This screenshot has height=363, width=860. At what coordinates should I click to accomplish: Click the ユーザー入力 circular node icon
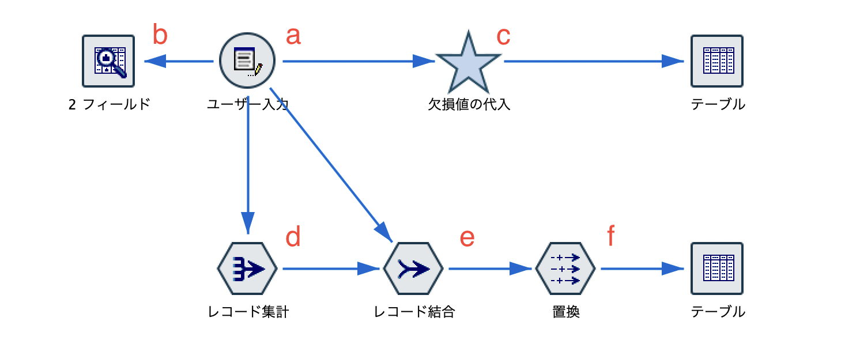coord(247,60)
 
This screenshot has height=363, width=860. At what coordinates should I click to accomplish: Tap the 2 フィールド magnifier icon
coord(108,60)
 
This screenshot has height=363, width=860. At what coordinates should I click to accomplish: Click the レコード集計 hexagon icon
coord(247,269)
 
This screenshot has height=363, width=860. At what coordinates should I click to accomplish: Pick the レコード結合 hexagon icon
coord(413,269)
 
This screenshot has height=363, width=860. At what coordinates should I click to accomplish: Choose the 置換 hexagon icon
coord(565,269)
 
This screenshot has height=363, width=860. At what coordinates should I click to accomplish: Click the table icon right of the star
coord(716,60)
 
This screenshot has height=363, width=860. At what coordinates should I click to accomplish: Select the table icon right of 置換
coord(716,269)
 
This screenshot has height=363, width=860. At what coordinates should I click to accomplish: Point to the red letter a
coord(293,36)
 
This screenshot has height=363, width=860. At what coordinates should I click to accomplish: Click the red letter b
coord(160,36)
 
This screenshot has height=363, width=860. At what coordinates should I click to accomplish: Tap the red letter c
coord(503,36)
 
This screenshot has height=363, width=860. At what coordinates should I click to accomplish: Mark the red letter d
coord(293,237)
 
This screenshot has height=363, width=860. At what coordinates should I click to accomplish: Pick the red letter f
coord(611,236)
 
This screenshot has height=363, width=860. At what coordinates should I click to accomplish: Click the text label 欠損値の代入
coord(469,105)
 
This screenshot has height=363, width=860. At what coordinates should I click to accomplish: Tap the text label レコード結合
coord(414,312)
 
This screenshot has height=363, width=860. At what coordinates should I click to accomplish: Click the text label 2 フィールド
coord(109,105)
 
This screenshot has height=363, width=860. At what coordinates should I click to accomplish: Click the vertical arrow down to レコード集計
coord(248,167)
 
